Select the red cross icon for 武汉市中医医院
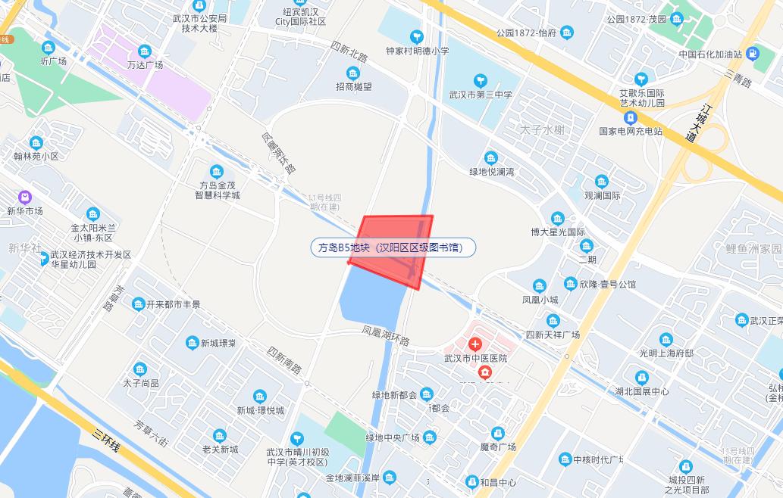(x=475, y=344)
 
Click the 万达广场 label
(x=145, y=65)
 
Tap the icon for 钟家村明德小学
(x=416, y=36)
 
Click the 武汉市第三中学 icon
(x=480, y=79)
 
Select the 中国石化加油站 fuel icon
(x=753, y=54)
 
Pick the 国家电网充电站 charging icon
(x=630, y=117)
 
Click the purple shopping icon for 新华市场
(x=25, y=196)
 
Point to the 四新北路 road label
(x=349, y=52)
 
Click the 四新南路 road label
(x=284, y=359)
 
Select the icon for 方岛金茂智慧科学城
(x=217, y=170)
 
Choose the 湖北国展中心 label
(x=642, y=391)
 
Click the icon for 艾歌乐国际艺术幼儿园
(x=641, y=78)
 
